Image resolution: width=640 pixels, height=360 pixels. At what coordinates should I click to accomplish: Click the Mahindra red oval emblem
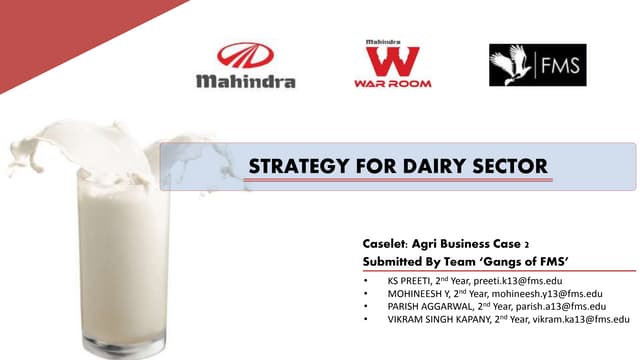245,56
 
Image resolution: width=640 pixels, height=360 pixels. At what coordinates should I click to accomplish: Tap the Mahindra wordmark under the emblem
245,80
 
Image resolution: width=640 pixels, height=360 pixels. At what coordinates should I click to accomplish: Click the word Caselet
385,243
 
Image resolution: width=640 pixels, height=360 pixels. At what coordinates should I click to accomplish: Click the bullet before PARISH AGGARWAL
367,305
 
